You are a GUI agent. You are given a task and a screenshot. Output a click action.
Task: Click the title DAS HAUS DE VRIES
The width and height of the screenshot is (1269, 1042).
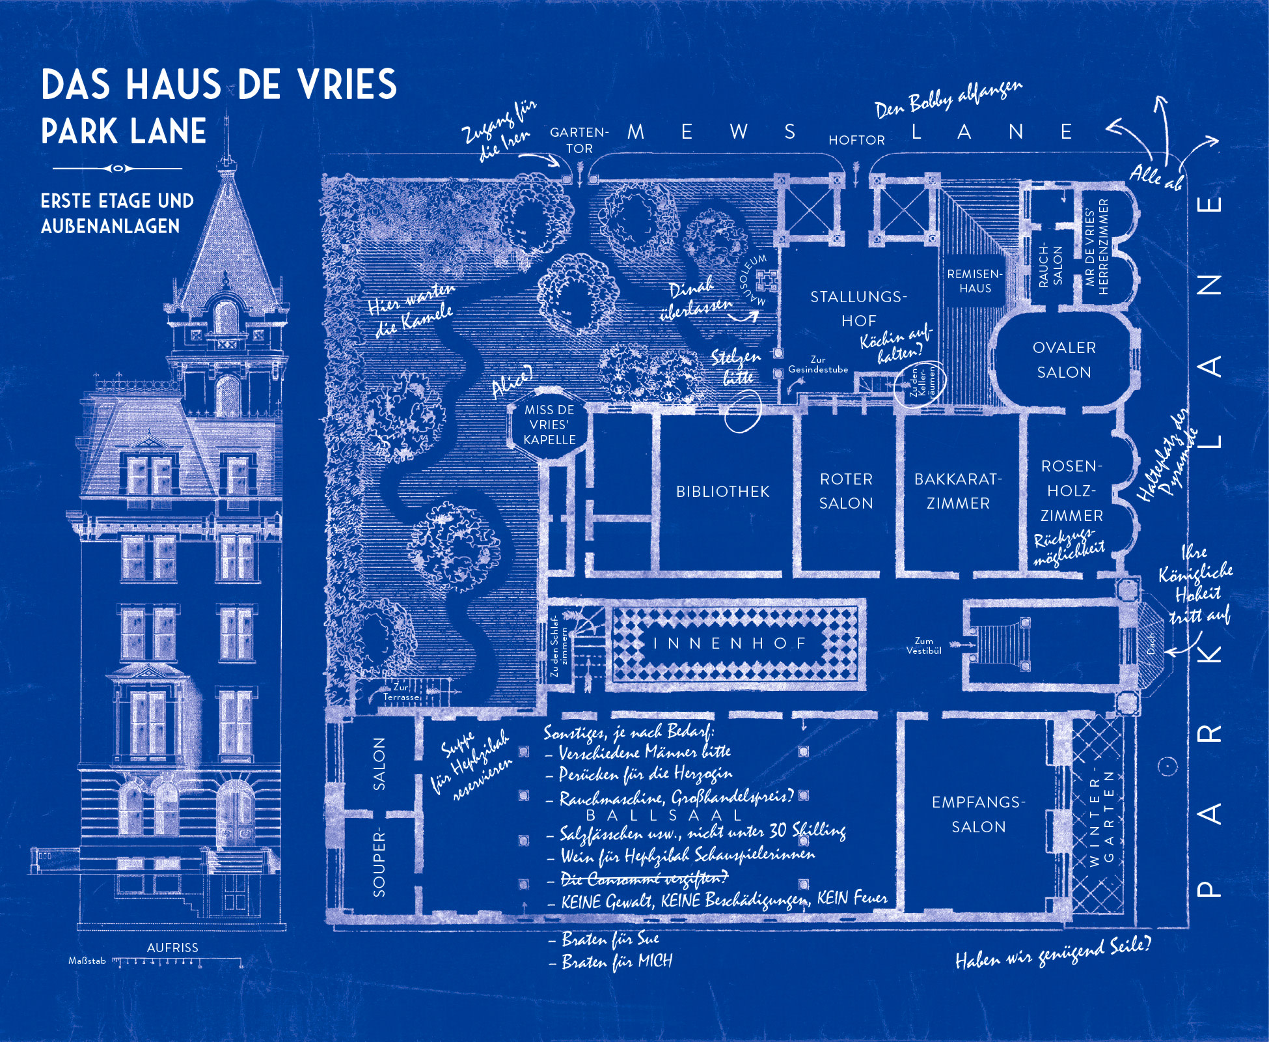click(219, 85)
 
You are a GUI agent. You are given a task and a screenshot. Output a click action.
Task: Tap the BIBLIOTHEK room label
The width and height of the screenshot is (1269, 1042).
click(722, 492)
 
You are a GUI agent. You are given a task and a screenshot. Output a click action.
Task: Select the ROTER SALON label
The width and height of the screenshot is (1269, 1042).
click(846, 491)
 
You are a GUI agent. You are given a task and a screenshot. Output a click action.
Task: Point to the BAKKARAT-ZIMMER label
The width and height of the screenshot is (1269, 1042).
click(958, 491)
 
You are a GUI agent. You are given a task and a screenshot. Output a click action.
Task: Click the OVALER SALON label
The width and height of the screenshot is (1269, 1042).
click(1064, 359)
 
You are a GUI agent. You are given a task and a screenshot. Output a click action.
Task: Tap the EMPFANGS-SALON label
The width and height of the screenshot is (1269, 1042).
click(978, 814)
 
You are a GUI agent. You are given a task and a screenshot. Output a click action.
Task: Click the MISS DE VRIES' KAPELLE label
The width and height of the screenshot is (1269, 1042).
click(549, 425)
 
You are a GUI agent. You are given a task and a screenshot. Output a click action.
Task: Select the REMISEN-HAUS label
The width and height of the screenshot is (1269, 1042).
click(975, 281)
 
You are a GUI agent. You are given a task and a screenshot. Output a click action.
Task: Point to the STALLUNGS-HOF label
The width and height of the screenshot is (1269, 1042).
click(858, 309)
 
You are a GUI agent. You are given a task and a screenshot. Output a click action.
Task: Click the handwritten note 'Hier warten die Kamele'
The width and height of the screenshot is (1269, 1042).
click(411, 309)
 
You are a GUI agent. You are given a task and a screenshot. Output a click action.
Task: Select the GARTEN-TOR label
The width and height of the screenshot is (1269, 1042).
click(579, 140)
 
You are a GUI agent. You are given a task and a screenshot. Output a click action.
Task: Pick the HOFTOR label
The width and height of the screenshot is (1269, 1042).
click(856, 140)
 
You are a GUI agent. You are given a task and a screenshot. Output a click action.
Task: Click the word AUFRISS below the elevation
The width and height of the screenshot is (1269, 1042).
click(172, 948)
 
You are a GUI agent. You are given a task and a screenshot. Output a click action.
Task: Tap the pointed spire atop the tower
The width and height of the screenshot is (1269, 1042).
click(226, 143)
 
